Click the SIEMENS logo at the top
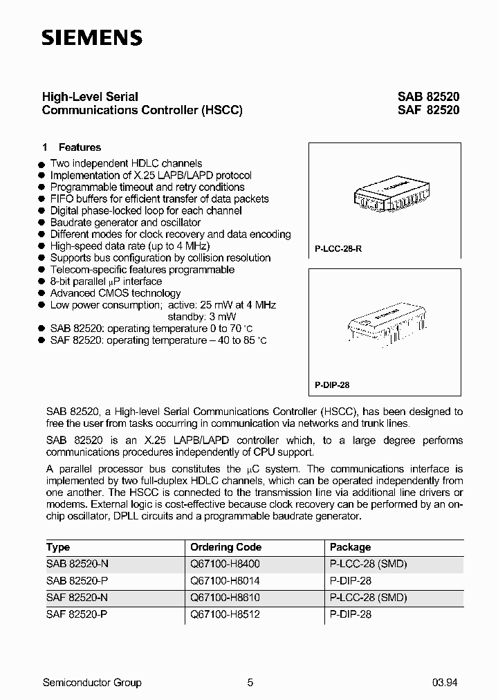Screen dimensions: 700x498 point(92,38)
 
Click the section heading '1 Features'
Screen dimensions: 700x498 point(72,147)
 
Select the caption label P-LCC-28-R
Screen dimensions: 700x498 point(333,248)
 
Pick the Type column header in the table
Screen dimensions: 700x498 point(58,547)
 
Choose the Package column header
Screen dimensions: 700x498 point(350,547)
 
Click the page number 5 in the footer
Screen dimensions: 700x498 point(250,683)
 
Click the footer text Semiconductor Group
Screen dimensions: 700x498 point(92,683)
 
